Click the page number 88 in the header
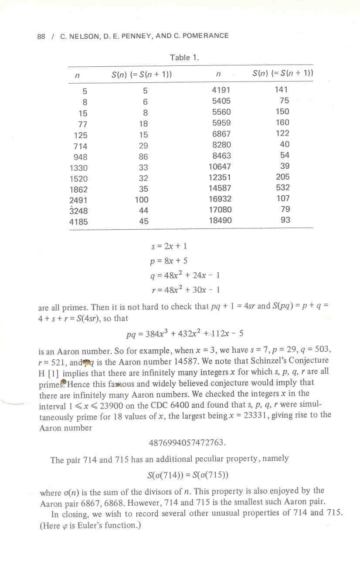click(x=41, y=36)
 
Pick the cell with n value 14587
click(x=220, y=188)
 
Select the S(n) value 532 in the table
click(x=282, y=188)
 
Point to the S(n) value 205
click(x=282, y=177)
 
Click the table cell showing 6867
click(x=221, y=134)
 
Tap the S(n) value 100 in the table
click(x=142, y=200)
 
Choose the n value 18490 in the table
click(x=220, y=221)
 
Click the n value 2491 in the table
click(x=78, y=200)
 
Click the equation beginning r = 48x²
click(x=183, y=289)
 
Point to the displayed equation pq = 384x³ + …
click(x=184, y=334)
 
